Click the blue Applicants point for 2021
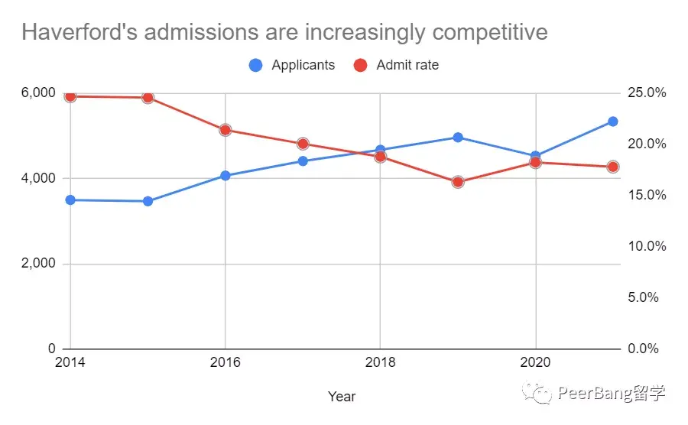(x=612, y=122)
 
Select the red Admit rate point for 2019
(x=458, y=182)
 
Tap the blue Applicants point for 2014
(x=70, y=200)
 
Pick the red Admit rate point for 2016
(x=226, y=130)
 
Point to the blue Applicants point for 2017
(x=303, y=161)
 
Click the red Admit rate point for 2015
(x=148, y=98)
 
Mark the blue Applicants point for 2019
(x=458, y=138)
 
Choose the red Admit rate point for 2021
(x=612, y=167)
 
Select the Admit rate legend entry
(x=397, y=65)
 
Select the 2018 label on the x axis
(x=380, y=362)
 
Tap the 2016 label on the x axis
(x=226, y=362)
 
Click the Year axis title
(x=342, y=396)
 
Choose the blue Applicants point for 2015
(x=148, y=202)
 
